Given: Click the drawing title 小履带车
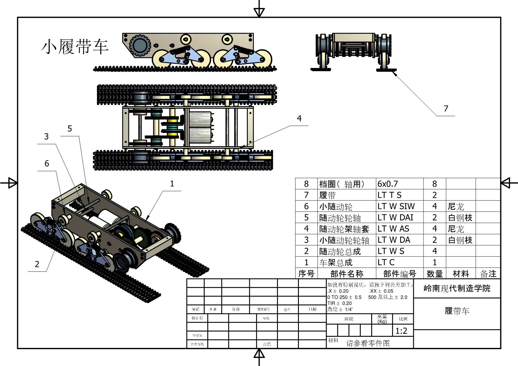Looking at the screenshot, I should click(x=75, y=47).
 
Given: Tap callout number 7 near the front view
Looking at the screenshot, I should click(x=446, y=109).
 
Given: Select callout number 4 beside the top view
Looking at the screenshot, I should click(x=299, y=118).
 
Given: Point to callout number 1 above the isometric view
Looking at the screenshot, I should click(x=172, y=184).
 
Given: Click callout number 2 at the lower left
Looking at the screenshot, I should click(x=37, y=264).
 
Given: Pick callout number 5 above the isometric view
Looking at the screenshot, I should click(x=70, y=128).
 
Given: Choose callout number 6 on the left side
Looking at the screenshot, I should click(x=47, y=163).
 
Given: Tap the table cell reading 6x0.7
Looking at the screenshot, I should click(x=388, y=184).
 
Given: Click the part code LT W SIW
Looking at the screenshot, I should click(x=396, y=206).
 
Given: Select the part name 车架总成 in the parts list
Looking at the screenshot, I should click(x=336, y=262).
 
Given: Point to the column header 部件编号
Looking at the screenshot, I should click(x=400, y=274).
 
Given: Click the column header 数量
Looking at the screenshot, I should click(x=434, y=274).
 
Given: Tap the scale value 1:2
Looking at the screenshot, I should click(x=401, y=331).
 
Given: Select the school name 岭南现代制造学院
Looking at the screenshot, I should click(x=457, y=288).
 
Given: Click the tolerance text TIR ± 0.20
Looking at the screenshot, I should click(x=339, y=303).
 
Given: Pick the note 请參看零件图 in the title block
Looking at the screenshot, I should click(x=368, y=343).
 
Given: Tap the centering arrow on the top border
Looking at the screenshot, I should click(x=259, y=12).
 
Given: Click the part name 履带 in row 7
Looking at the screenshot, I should click(x=327, y=195).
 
